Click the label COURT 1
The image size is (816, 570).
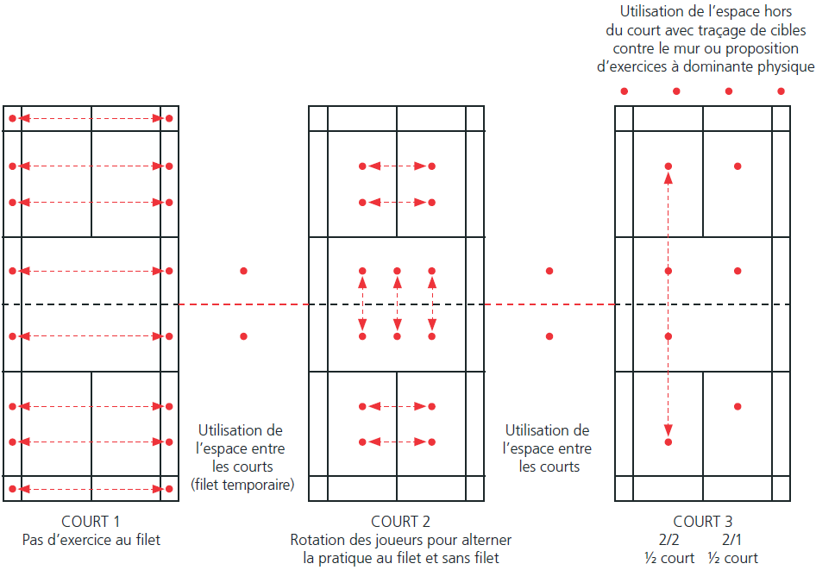point(91,521)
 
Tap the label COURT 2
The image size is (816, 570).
point(400,521)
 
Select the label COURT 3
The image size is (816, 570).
point(702,521)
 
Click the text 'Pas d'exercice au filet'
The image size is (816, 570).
point(91,540)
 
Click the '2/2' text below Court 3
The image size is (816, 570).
point(668,540)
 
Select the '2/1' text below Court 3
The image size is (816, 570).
point(731,540)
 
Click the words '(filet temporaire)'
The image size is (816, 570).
point(242,485)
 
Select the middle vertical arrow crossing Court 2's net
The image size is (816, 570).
point(397,304)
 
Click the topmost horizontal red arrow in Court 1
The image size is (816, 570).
point(91,117)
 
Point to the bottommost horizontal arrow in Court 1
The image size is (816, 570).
point(91,489)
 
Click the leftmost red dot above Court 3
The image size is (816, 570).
point(625,91)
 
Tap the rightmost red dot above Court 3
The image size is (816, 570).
point(781,91)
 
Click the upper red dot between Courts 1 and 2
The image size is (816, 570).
point(243,271)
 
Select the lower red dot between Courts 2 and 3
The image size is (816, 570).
point(549,335)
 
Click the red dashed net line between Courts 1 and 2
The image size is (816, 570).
point(243,304)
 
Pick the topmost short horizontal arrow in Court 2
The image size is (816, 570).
point(397,166)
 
